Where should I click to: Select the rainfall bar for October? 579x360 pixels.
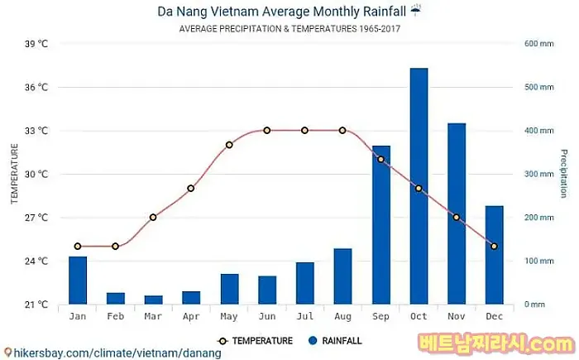(x=419, y=186)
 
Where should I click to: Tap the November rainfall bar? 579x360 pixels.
(x=457, y=214)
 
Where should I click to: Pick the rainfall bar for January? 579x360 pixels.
(x=78, y=281)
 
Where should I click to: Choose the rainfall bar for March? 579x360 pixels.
(x=153, y=300)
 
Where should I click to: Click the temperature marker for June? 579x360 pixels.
(x=267, y=130)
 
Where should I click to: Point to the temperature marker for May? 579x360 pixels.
(x=229, y=145)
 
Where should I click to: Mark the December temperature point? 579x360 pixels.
(x=494, y=246)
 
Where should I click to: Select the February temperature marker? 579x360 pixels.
(x=115, y=246)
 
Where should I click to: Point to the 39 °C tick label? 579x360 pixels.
(x=36, y=44)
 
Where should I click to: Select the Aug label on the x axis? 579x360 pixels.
(x=342, y=317)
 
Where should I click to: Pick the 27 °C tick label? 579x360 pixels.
(x=36, y=218)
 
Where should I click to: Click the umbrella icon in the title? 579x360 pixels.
(x=415, y=11)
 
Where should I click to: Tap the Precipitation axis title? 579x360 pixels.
(x=563, y=174)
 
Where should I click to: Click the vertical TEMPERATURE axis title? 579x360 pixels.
(x=14, y=174)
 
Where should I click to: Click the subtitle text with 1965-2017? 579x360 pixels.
(x=289, y=29)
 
